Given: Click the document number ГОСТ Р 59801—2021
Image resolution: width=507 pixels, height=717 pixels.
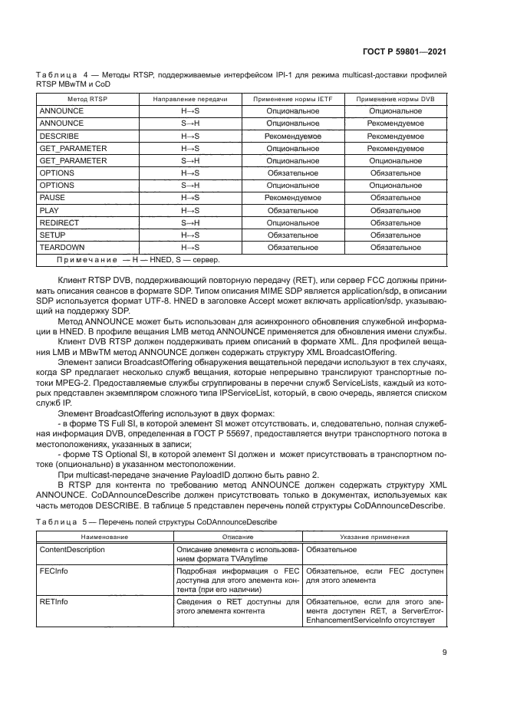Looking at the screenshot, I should [405, 51].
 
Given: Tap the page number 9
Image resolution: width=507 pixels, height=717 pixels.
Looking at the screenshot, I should [445, 653].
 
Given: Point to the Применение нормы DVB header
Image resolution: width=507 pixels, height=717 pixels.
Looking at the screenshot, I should [396, 99].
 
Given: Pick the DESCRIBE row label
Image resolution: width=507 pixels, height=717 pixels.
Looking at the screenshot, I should [58, 136].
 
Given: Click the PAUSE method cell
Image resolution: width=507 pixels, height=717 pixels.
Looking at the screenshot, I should [53, 198].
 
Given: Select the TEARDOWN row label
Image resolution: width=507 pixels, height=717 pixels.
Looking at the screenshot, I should [62, 248].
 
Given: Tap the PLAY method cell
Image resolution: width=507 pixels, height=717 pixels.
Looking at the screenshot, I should [51, 210].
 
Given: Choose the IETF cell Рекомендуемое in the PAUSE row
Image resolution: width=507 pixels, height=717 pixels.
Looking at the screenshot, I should [292, 198].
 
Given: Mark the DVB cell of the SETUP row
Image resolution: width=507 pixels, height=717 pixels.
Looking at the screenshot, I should [396, 235].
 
